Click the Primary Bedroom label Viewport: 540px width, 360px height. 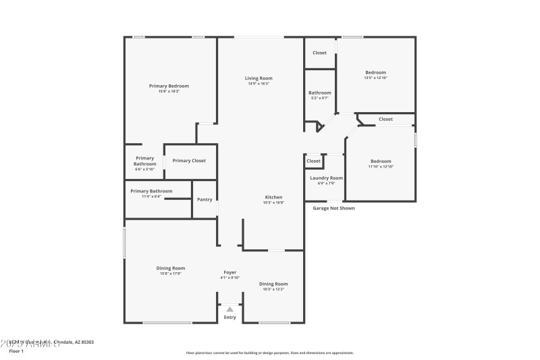(169, 86)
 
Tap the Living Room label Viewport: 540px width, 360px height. (259, 79)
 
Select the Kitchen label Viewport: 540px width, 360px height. (273, 197)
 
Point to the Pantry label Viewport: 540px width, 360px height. (205, 199)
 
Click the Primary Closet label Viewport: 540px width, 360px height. (189, 161)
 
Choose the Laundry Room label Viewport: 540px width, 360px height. (326, 178)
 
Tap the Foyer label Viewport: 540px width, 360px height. (230, 272)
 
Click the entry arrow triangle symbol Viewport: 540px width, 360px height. (230, 309)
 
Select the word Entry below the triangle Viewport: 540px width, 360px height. (230, 317)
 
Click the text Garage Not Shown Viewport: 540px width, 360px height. (333, 208)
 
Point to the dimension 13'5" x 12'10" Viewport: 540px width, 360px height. (375, 78)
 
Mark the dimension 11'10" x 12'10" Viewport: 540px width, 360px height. (381, 166)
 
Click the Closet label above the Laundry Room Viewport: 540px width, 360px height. (314, 161)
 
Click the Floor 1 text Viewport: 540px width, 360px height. (16, 351)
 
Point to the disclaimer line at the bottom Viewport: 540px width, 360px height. (269, 353)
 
